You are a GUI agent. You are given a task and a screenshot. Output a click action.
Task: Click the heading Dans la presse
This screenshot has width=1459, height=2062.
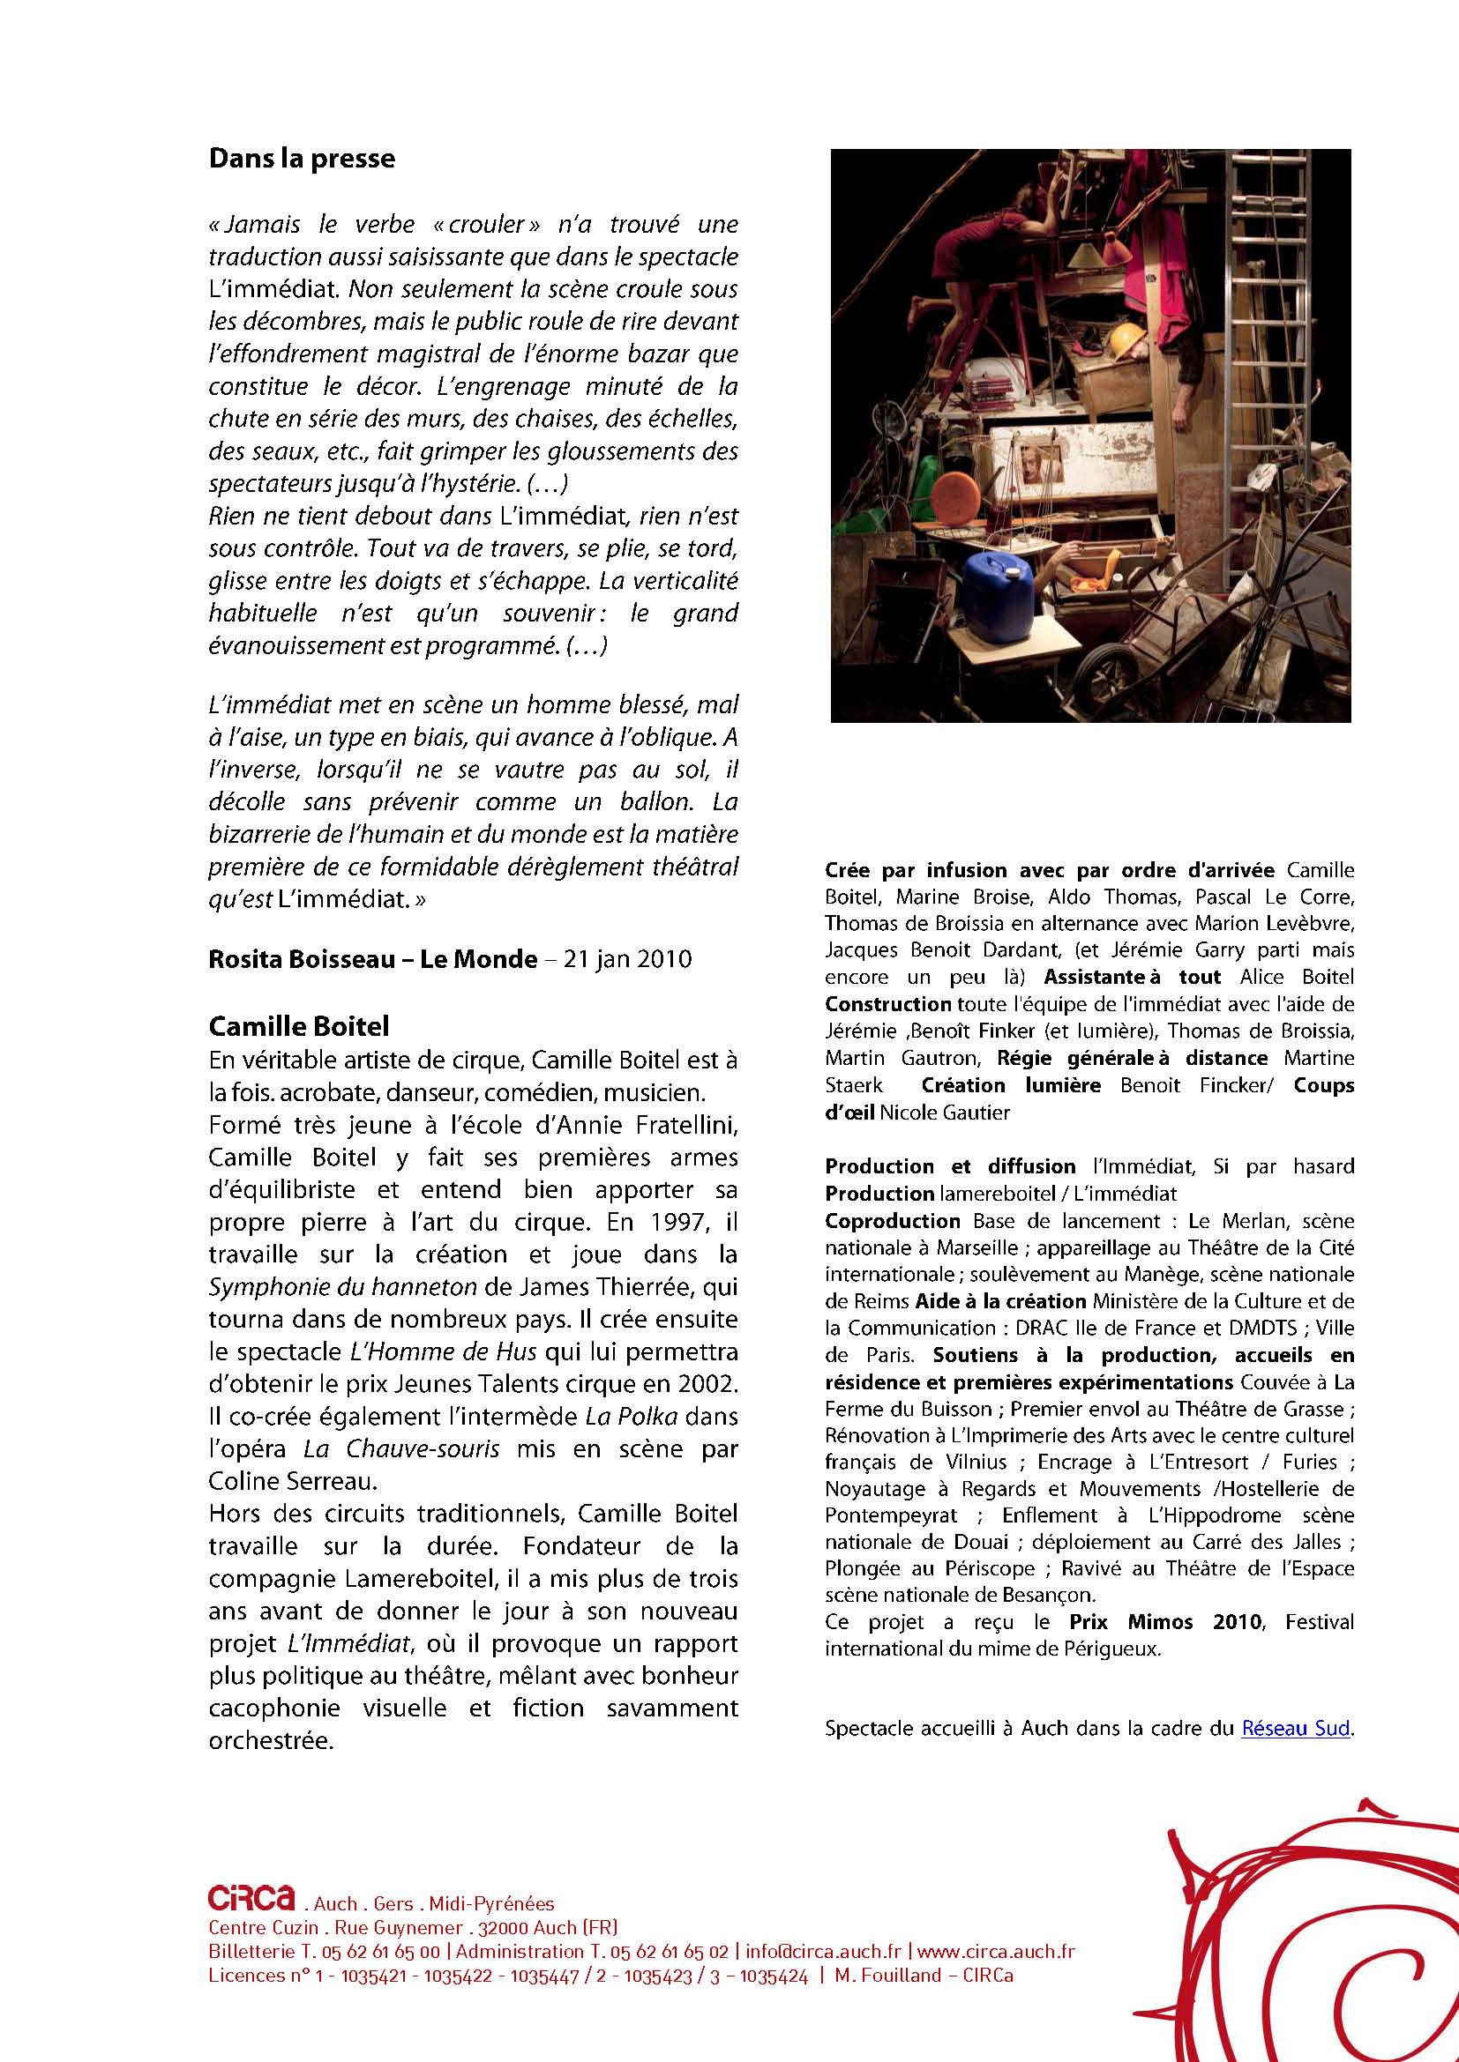(x=302, y=159)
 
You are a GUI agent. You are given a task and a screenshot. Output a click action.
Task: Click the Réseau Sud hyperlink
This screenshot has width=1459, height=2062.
(x=1296, y=1728)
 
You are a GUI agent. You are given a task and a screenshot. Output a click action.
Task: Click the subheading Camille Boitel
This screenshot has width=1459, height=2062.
(x=298, y=1025)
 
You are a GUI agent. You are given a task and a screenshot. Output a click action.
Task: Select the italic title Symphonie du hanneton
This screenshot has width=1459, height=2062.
(x=342, y=1287)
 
